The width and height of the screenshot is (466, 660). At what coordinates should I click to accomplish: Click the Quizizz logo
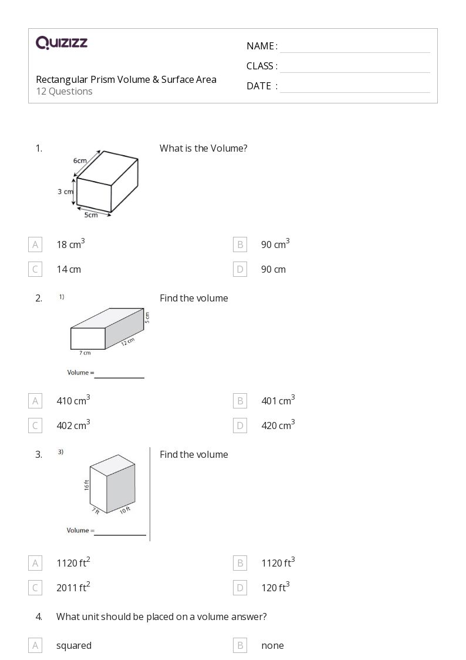pyautogui.click(x=62, y=42)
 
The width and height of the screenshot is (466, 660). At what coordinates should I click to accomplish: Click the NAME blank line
pyautogui.click(x=354, y=47)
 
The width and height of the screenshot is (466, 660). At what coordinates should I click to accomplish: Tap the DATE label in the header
pyautogui.click(x=258, y=86)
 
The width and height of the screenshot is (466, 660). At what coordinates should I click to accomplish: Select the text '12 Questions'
pyautogui.click(x=64, y=91)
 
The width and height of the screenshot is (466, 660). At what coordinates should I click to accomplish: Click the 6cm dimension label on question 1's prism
pyautogui.click(x=80, y=160)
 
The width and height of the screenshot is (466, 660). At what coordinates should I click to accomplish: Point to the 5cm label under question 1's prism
pyautogui.click(x=90, y=215)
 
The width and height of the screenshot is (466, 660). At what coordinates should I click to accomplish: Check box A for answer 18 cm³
pyautogui.click(x=35, y=244)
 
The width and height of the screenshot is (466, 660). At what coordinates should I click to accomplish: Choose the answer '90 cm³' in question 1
pyautogui.click(x=275, y=244)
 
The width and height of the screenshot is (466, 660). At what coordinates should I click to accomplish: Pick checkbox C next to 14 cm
pyautogui.click(x=35, y=269)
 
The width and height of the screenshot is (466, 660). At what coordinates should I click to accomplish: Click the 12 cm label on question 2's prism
pyautogui.click(x=128, y=341)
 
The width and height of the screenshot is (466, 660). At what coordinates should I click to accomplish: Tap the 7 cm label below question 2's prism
pyautogui.click(x=85, y=353)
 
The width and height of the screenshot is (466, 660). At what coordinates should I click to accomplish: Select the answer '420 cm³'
pyautogui.click(x=278, y=426)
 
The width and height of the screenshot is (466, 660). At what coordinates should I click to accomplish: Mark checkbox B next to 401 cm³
pyautogui.click(x=239, y=401)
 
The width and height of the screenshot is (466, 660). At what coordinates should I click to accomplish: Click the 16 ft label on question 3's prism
pyautogui.click(x=86, y=485)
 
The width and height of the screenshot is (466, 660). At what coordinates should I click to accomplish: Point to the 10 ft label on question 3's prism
pyautogui.click(x=124, y=510)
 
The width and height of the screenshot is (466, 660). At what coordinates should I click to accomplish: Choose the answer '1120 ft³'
pyautogui.click(x=278, y=563)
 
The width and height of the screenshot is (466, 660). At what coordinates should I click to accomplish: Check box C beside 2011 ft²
pyautogui.click(x=35, y=588)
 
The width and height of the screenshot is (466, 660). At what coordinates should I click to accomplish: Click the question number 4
pyautogui.click(x=39, y=617)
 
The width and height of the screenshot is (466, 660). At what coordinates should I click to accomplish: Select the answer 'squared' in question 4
pyautogui.click(x=74, y=645)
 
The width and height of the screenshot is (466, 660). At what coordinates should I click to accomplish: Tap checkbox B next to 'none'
pyautogui.click(x=239, y=645)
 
